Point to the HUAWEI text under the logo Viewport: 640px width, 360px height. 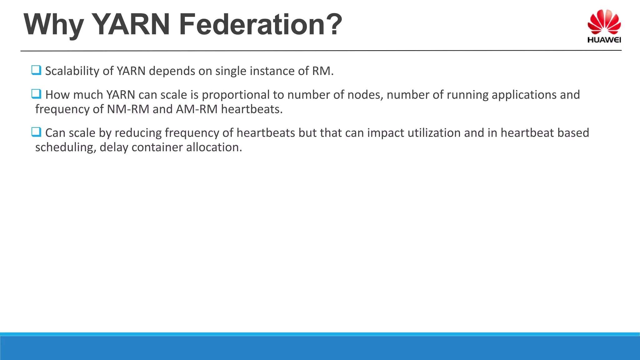[604, 40]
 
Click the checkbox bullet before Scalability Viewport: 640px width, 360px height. [36, 70]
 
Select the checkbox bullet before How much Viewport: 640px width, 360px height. [36, 94]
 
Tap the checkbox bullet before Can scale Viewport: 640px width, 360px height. [36, 132]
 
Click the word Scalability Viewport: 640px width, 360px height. [72, 71]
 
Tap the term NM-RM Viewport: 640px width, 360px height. [128, 109]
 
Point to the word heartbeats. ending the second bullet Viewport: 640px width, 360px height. [252, 109]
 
